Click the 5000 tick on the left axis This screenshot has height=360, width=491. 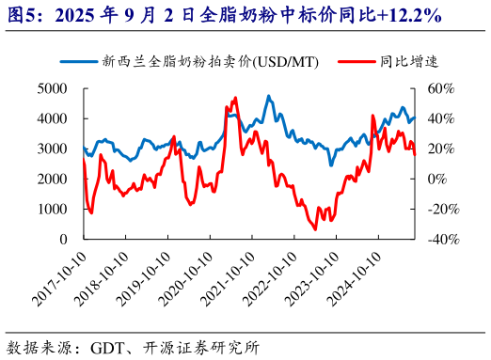tap(58, 88)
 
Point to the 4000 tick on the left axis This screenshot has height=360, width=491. tap(58, 118)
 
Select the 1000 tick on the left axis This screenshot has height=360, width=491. tap(58, 209)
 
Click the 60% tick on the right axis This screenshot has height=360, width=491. tap(442, 88)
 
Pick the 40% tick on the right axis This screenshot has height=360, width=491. tap(442, 118)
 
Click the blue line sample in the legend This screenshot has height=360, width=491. tap(79, 63)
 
